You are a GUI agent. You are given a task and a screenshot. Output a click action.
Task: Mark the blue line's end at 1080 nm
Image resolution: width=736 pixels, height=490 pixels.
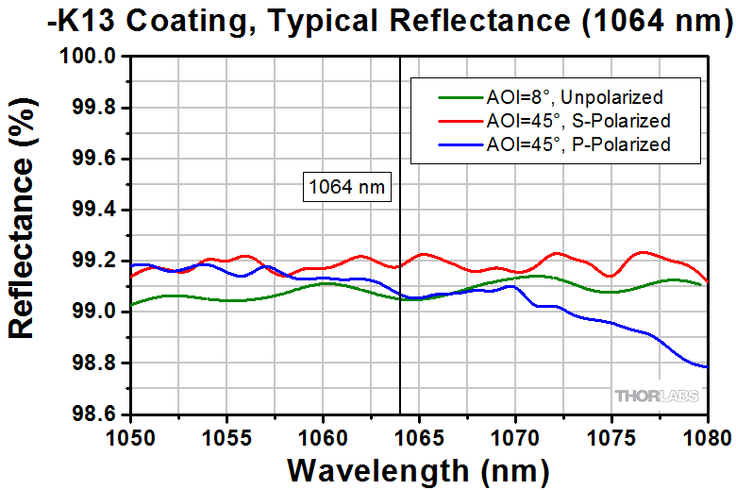point(707,366)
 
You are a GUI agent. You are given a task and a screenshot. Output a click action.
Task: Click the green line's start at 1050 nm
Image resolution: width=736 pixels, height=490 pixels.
point(132,304)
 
